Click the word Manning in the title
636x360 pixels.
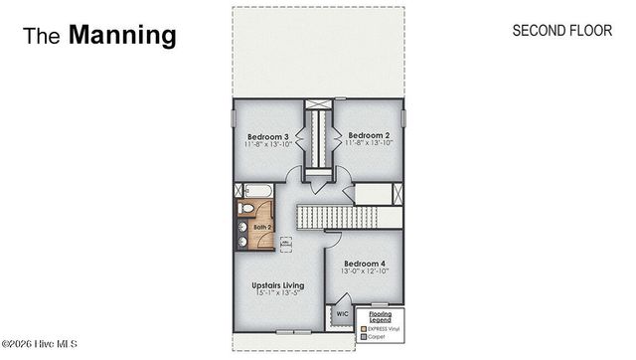(x=122, y=36)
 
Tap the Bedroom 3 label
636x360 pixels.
(x=266, y=136)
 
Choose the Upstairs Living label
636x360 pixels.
(x=277, y=285)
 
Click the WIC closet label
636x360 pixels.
(x=342, y=313)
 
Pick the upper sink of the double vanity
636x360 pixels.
(x=241, y=227)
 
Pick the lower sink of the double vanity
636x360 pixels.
(x=241, y=240)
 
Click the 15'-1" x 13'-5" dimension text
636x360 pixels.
(x=277, y=294)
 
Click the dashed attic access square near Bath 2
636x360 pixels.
(x=285, y=242)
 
